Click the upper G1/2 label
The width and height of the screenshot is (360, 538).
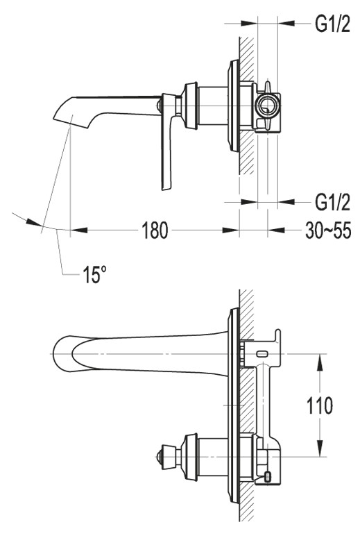click(332, 24)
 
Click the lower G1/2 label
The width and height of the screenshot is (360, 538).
click(332, 202)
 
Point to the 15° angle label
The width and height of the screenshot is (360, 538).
click(95, 275)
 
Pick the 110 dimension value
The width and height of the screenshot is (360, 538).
click(320, 405)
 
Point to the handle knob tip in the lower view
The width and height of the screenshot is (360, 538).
click(156, 456)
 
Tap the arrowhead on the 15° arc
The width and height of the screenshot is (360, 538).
click(35, 222)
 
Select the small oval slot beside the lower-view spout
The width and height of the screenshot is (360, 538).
click(264, 353)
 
